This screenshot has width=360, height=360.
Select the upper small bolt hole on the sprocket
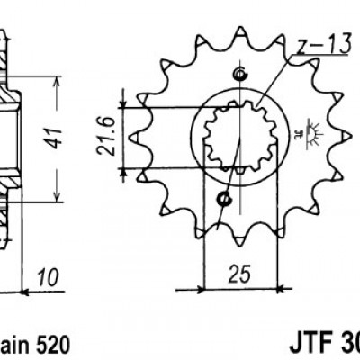click(x=239, y=75)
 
